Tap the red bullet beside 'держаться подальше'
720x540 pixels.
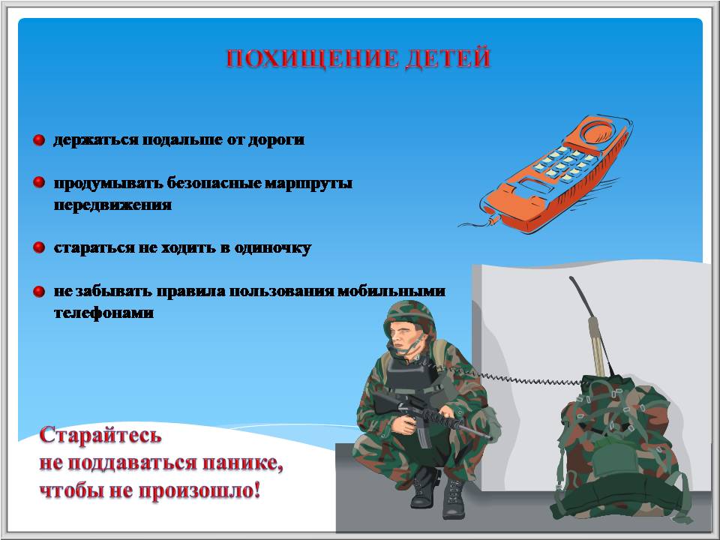click(x=39, y=140)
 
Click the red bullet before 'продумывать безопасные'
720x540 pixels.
click(x=39, y=183)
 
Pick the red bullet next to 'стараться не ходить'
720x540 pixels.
click(x=39, y=248)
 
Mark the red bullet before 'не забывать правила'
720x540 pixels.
click(x=39, y=292)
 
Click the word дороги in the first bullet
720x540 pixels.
click(x=277, y=140)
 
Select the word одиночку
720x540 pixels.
click(x=273, y=248)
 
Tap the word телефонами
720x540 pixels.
click(x=103, y=313)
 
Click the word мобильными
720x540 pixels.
click(x=391, y=292)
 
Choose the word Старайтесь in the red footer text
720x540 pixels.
click(x=100, y=435)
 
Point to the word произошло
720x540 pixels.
click(x=199, y=490)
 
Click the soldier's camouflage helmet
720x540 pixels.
click(x=409, y=315)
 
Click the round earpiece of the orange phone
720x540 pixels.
click(x=597, y=132)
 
